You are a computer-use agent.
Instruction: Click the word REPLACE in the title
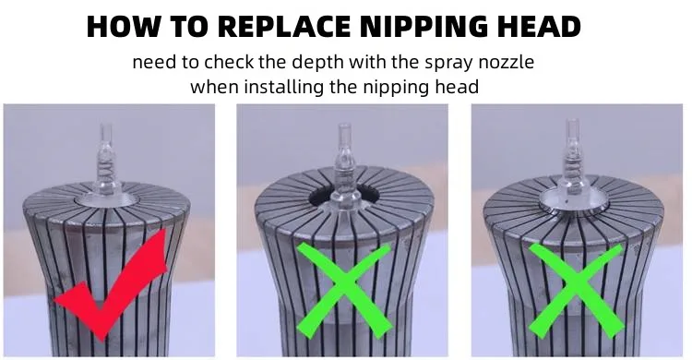[x=286, y=26]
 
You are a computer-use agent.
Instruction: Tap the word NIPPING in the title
[x=424, y=26]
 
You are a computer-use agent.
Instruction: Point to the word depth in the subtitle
[x=317, y=62]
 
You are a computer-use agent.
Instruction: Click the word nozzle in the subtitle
[x=507, y=62]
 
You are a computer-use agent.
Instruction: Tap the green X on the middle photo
[x=344, y=290]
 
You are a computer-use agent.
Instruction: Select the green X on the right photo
[x=576, y=290]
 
